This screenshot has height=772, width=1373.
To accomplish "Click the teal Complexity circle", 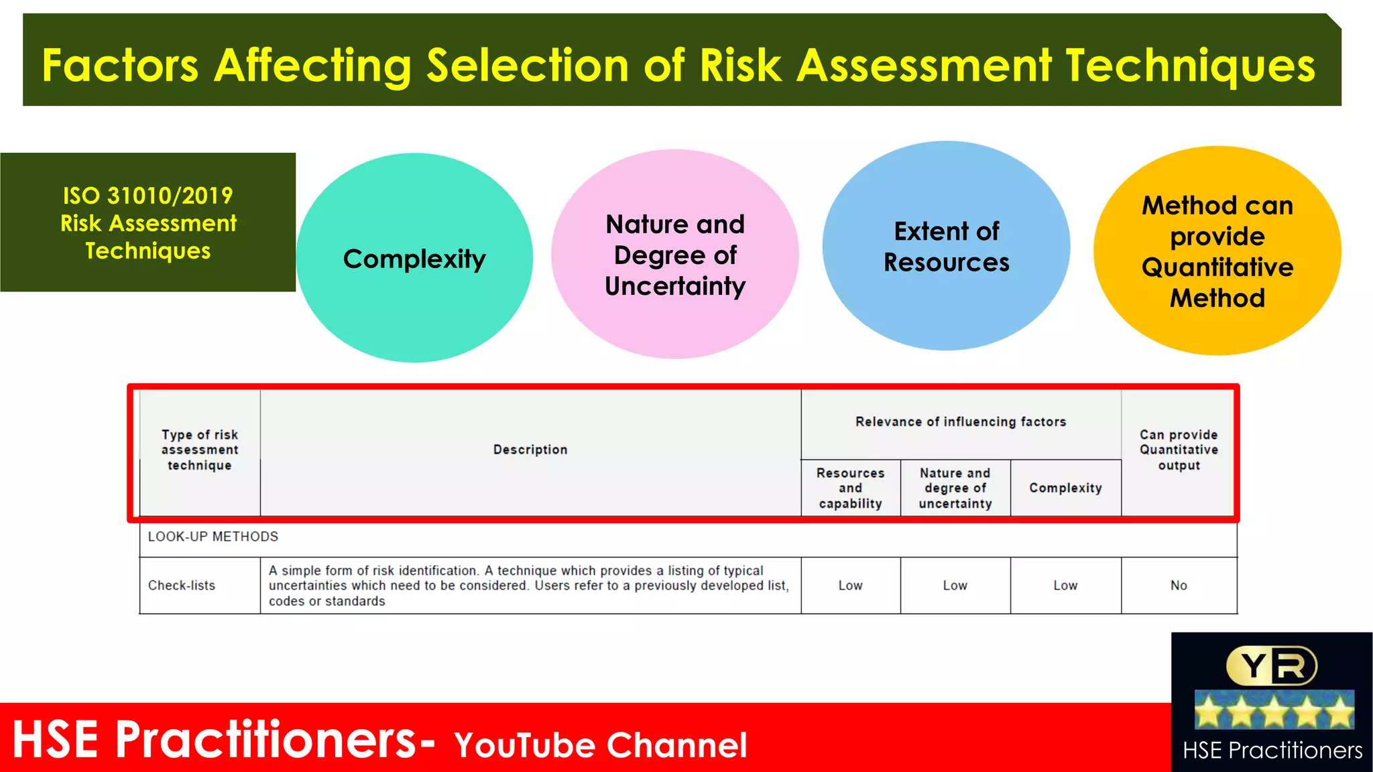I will tap(414, 258).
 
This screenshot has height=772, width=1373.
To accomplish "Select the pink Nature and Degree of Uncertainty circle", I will tap(675, 255).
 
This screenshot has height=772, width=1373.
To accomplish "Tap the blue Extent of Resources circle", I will tap(946, 246).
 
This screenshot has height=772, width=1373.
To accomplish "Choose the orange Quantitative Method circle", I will tap(1217, 251).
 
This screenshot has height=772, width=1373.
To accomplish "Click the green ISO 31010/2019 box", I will tap(148, 222).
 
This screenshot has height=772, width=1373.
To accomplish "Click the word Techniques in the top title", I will tap(1190, 66).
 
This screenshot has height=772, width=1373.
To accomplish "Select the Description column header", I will tap(530, 450).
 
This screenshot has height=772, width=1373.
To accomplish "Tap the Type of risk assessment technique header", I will tap(200, 450).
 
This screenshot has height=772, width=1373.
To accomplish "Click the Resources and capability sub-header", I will tap(850, 488).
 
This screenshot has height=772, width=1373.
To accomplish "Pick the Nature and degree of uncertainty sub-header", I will tap(955, 488).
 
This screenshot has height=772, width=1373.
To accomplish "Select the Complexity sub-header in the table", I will tap(1065, 488).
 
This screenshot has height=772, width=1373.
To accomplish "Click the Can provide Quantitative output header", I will tap(1179, 450).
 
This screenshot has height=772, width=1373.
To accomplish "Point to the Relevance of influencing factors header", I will tap(961, 422).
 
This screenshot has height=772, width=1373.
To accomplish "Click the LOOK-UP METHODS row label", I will tap(213, 537).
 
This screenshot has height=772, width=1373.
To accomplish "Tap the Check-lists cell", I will tap(182, 586).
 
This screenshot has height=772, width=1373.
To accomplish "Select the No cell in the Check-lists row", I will tap(1179, 586).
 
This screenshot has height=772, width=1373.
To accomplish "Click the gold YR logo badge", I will tap(1272, 666).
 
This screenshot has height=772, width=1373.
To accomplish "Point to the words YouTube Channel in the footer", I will tap(600, 745).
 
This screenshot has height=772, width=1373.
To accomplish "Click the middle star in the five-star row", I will tap(1274, 711).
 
